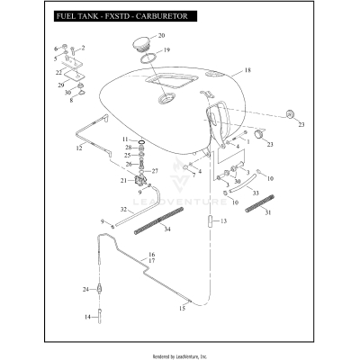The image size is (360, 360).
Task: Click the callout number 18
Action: click(247, 69)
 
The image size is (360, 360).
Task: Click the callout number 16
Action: click(152, 255)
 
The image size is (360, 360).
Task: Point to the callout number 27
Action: click(155, 170)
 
